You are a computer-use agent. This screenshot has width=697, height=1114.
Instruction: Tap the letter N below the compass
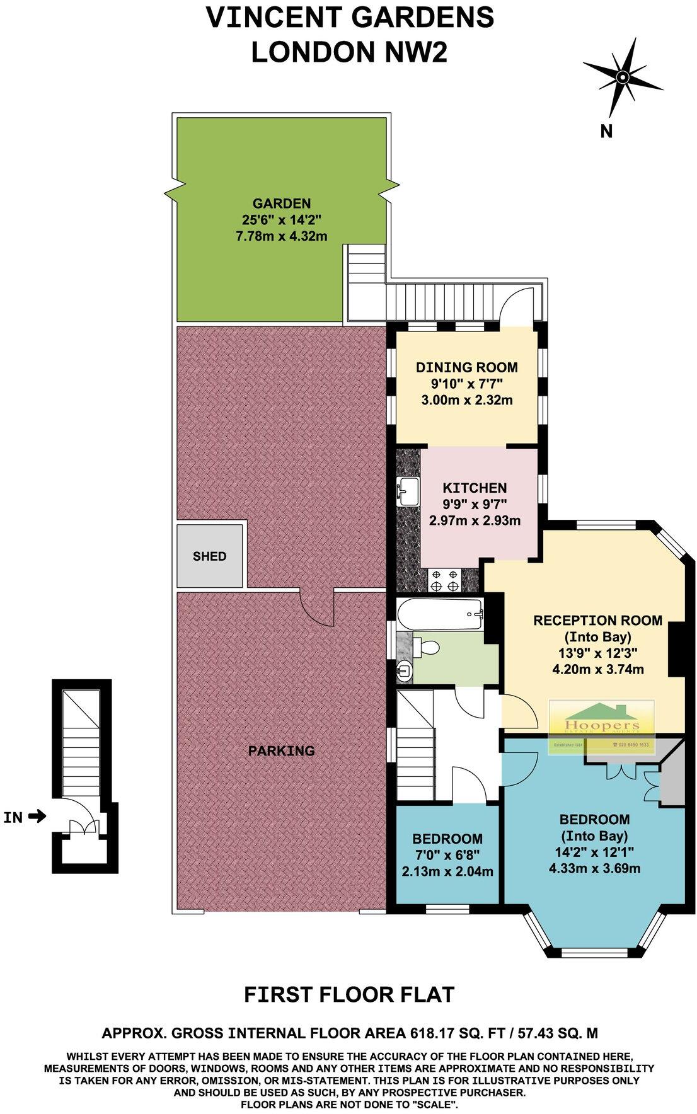click(x=606, y=131)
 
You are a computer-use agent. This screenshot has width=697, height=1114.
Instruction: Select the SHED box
click(x=210, y=556)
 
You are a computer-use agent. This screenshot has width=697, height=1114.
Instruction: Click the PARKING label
click(x=281, y=750)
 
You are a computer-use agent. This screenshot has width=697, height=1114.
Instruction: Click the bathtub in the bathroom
click(x=440, y=614)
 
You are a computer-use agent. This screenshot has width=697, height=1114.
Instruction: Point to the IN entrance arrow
click(x=38, y=817)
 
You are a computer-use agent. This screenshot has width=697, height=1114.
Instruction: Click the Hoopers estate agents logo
click(x=603, y=726)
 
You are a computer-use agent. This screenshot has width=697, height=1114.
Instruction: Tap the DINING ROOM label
click(x=466, y=367)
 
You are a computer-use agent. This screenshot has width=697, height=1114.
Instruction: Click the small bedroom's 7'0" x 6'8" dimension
click(x=447, y=855)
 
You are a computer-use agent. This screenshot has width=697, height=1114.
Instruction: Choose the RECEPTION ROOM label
click(x=597, y=620)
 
